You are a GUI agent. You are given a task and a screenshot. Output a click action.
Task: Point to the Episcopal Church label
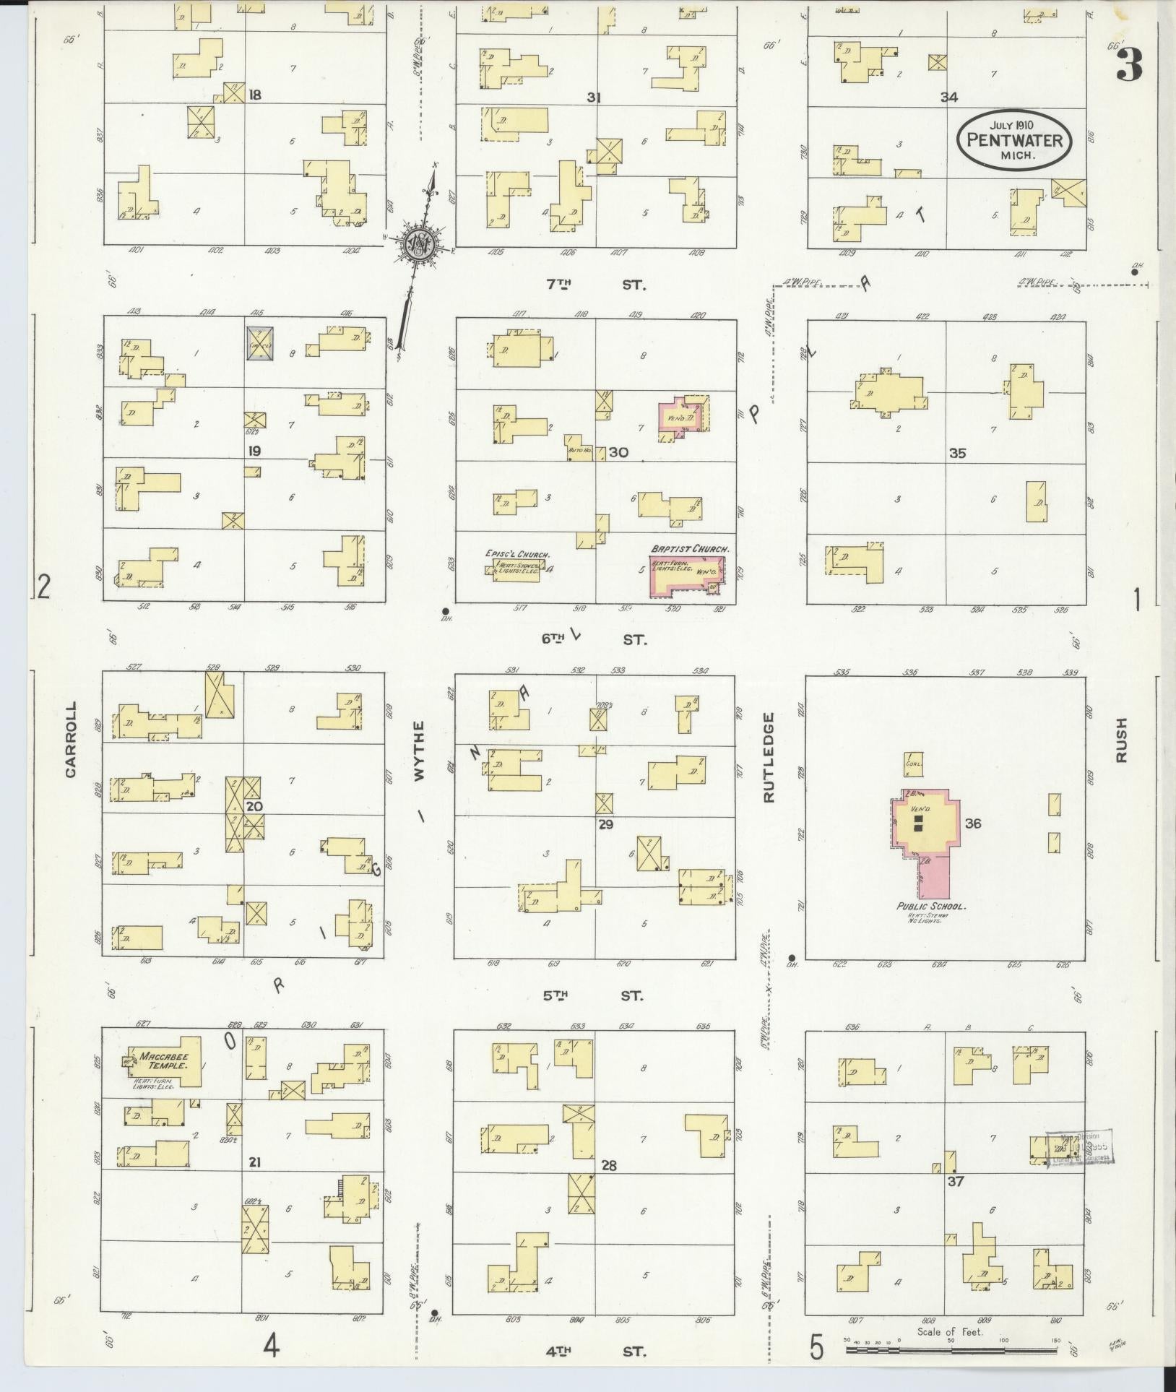518,555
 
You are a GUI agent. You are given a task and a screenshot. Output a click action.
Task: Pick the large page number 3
1129,66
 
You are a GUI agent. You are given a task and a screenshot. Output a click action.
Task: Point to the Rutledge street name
768,757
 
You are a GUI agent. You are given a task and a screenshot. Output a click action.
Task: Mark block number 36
972,823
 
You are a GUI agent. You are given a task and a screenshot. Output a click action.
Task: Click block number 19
254,451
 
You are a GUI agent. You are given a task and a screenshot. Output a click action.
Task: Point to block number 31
594,98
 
